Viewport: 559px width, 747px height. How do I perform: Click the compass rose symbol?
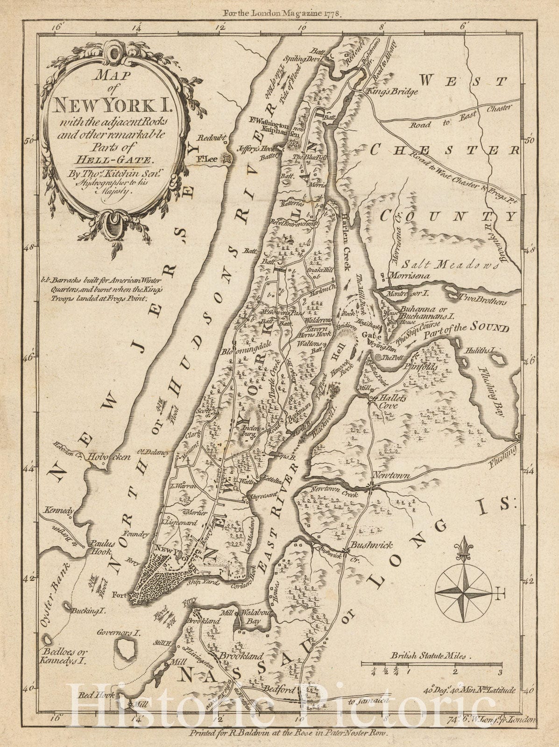(463, 593)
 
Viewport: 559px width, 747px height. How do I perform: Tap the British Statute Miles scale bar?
(431, 663)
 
